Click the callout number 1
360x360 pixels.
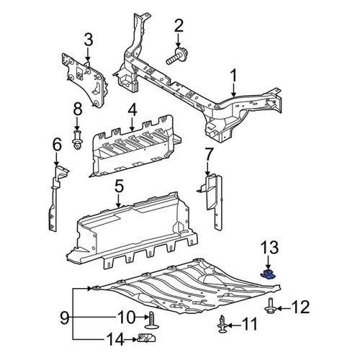coord(233,76)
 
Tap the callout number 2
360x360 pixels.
coord(179,27)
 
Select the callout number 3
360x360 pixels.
coord(88,40)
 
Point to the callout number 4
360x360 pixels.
coord(132,110)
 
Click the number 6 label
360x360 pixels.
coord(57,148)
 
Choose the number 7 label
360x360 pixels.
coord(209,153)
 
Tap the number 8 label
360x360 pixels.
coord(78,109)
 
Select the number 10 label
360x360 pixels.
coord(126,315)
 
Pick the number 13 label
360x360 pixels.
coord(268,248)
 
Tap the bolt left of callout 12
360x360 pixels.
coord(271,307)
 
